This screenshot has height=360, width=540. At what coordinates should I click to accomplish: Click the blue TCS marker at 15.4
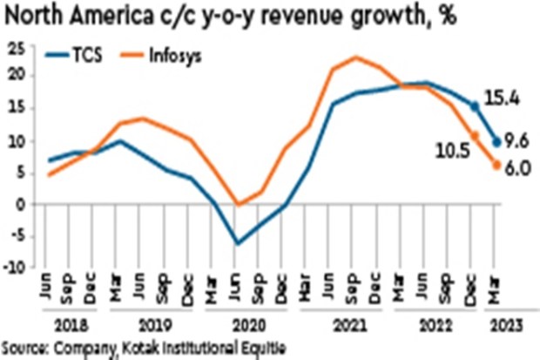coord(475,106)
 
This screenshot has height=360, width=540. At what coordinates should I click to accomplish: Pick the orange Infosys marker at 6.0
coord(497,166)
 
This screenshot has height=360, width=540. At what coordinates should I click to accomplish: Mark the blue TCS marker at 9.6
coord(497,142)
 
